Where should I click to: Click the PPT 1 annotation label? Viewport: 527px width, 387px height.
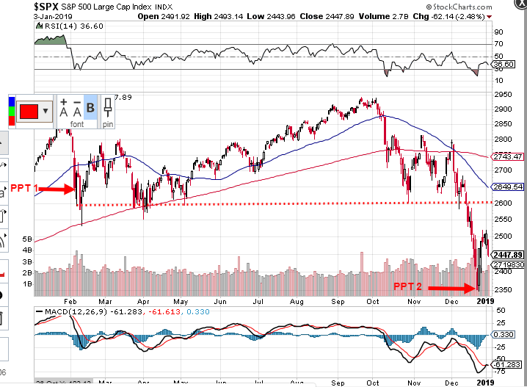coord(24,189)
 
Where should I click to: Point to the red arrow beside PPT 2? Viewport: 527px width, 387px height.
coord(452,289)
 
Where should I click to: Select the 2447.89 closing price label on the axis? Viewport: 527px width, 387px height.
coord(508,254)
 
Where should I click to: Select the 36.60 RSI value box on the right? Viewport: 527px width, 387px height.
coord(504,65)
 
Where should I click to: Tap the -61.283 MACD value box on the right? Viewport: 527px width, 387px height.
coord(506,364)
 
